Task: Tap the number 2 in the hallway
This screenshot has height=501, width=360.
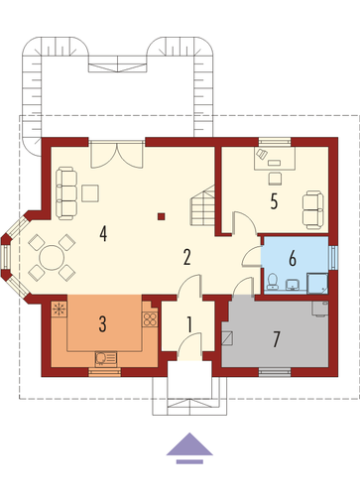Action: coord(186,257)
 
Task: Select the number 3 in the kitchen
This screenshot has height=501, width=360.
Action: coord(103,324)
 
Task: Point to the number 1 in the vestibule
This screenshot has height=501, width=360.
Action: coord(189,324)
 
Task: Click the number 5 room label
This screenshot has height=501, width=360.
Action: coord(274,201)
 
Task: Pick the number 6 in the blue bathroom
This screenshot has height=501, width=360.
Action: coord(293,258)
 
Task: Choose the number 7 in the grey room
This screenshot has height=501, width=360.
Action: coord(277,339)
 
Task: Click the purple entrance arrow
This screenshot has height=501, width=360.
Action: coord(189,448)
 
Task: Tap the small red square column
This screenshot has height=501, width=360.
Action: coord(161,216)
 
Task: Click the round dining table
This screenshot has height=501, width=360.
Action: coord(52,258)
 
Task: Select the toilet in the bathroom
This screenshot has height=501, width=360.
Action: coord(273,282)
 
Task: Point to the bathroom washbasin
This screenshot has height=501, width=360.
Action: coord(293,285)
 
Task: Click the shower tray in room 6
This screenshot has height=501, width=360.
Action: coord(317,284)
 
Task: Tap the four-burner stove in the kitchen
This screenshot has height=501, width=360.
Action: coord(150,318)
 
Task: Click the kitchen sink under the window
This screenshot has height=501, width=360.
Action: coord(106,358)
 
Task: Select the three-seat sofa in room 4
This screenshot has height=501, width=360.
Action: coord(66,193)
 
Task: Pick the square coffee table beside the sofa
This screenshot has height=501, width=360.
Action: coord(90,193)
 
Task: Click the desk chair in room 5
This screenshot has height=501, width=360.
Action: coord(275,179)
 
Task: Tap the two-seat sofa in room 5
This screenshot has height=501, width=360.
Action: coord(313,210)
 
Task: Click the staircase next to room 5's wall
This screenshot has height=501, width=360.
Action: coord(202,205)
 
